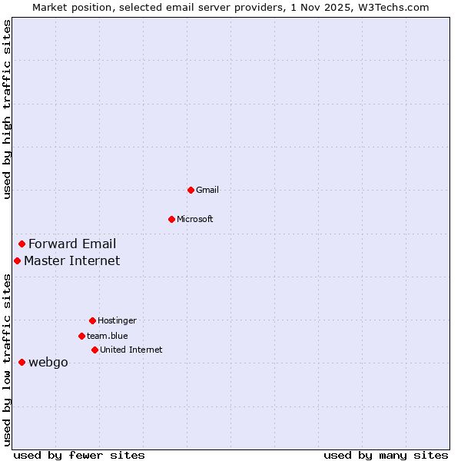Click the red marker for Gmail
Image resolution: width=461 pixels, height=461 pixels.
tap(191, 190)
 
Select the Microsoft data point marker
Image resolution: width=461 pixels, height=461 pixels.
tap(171, 219)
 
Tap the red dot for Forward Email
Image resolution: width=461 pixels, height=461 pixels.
tap(22, 244)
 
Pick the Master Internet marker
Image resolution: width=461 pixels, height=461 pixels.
tap(17, 261)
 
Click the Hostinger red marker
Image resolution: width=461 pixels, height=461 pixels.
tap(92, 320)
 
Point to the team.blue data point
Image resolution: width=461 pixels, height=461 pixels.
tap(81, 336)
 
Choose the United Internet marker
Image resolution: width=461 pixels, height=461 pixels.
tap(95, 350)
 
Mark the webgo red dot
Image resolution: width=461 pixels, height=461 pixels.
tap(22, 362)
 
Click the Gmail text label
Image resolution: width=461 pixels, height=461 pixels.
tap(207, 190)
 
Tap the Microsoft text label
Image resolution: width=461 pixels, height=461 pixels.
tap(195, 219)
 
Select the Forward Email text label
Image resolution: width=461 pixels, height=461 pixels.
tap(72, 244)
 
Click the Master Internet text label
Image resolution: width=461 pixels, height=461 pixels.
tap(71, 261)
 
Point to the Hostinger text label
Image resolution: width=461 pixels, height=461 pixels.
tap(117, 320)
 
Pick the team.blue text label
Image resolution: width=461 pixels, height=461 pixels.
tap(108, 336)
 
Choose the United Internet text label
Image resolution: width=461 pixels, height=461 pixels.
tap(131, 350)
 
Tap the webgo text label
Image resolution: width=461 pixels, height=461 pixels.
tap(48, 363)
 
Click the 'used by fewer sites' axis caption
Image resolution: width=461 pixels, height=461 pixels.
tap(79, 455)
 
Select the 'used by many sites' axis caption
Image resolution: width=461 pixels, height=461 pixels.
tap(386, 455)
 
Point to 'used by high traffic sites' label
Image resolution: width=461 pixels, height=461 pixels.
tap(7, 110)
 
